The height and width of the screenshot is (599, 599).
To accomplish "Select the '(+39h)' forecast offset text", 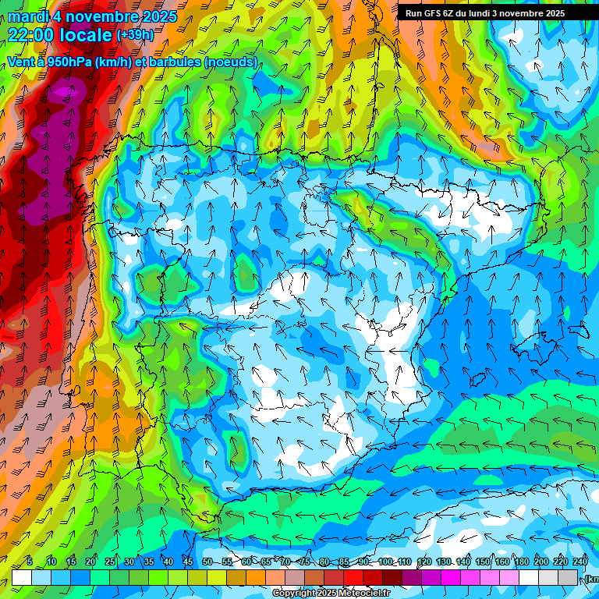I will (134, 34).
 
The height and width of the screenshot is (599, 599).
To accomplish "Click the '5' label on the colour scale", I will (30, 562).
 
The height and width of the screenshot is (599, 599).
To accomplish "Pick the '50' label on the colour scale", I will (207, 562).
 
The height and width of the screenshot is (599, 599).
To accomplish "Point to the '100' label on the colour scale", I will (385, 562).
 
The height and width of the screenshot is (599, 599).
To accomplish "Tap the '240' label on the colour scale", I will (580, 562).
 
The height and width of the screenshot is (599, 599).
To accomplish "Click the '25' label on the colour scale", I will (109, 562).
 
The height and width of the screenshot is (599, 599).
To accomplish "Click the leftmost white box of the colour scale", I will (22, 577).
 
